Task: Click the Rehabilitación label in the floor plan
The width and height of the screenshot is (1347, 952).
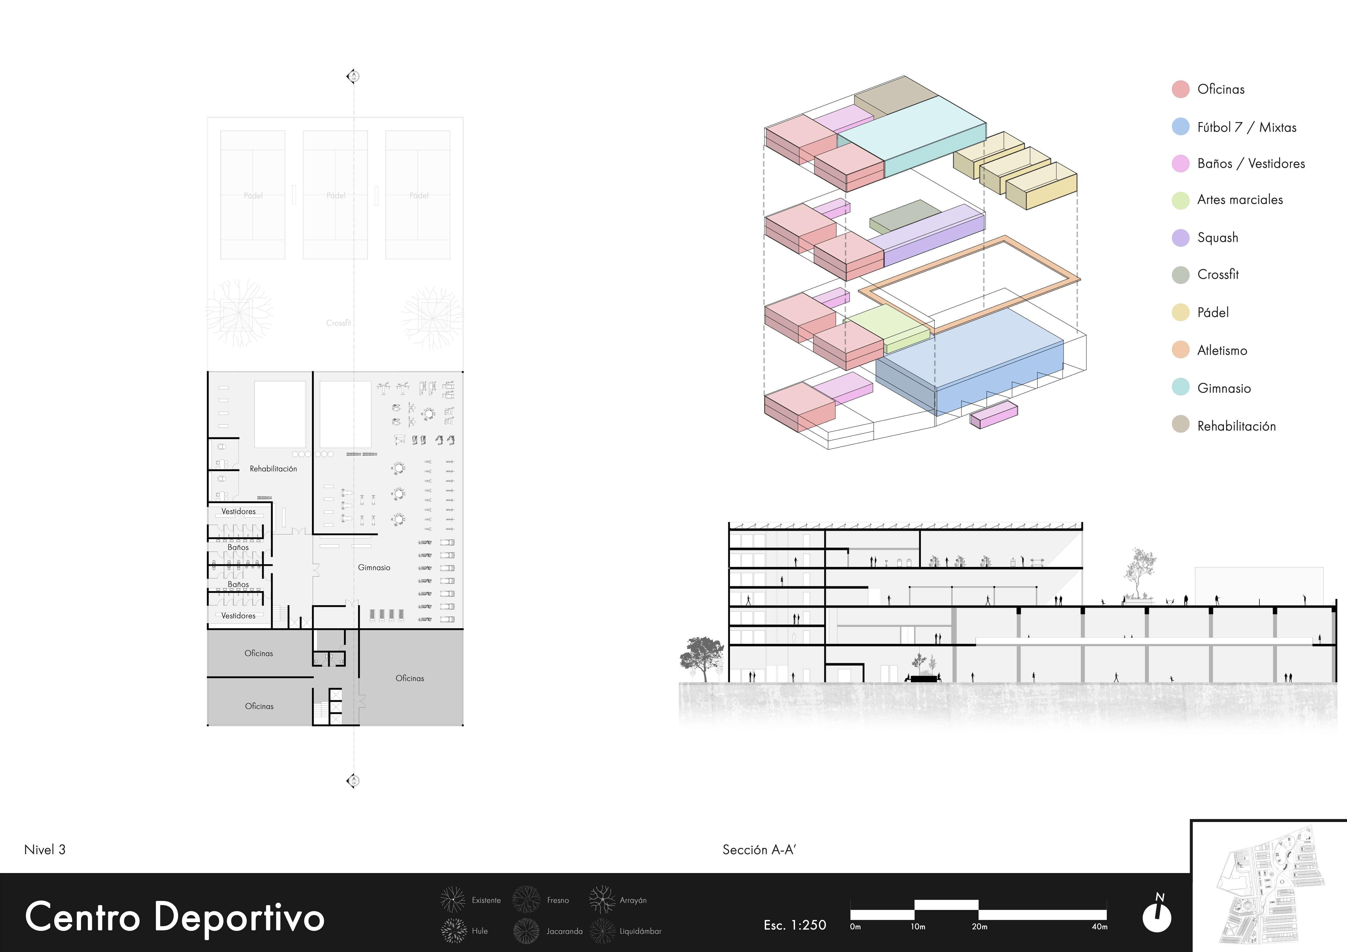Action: point(273,468)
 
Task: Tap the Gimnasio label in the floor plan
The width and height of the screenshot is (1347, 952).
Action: point(374,567)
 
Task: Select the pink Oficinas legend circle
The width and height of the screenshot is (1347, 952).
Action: point(1180,89)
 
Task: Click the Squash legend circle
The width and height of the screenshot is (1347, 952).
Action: point(1180,238)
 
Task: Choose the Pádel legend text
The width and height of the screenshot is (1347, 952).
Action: point(1213,312)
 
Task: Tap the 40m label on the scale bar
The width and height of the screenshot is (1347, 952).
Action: point(1099,927)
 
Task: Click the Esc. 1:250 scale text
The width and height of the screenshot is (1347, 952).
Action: point(795,925)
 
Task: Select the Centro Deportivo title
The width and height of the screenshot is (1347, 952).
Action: point(175,917)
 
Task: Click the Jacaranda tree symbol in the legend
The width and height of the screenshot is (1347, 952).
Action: point(526,931)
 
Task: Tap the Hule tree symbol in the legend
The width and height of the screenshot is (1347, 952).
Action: point(453,931)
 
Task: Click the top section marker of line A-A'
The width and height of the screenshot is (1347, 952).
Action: point(353,76)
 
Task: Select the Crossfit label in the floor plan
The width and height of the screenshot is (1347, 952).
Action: point(339,323)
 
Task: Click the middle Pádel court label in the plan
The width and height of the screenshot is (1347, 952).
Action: point(336,195)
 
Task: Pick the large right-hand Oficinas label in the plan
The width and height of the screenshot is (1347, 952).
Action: point(410,678)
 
